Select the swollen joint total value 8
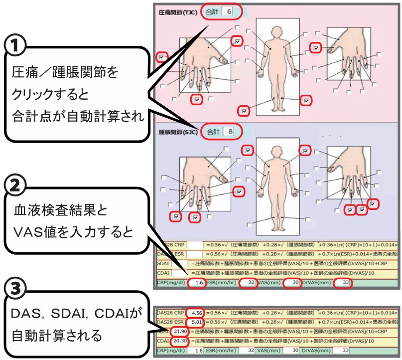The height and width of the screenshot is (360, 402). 229,132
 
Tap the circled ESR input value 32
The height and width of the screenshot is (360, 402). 250,283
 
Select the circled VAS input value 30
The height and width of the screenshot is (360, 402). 291,283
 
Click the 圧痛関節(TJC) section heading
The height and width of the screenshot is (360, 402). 177,12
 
